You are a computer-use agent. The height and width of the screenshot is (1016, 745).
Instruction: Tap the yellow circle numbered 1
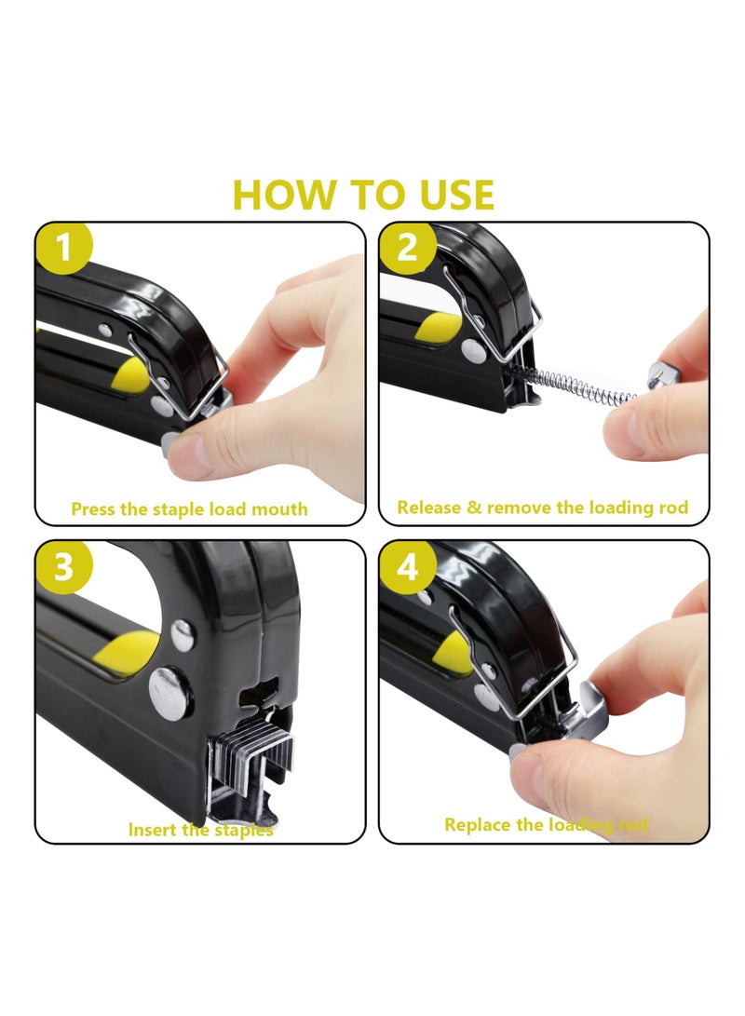(63, 249)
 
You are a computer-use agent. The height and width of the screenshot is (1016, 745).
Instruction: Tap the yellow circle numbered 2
(407, 249)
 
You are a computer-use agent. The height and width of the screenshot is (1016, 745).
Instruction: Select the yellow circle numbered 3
(63, 567)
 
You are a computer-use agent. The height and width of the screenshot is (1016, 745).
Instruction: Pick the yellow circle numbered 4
(407, 567)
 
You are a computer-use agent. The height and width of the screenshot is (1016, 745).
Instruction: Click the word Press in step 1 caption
(94, 509)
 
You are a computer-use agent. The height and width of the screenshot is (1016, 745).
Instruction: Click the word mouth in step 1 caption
(280, 509)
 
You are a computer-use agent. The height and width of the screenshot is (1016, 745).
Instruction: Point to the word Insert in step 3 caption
(151, 829)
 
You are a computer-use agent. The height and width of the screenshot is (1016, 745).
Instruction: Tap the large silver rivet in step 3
(170, 693)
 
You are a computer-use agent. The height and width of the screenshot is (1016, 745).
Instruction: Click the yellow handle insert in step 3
(129, 649)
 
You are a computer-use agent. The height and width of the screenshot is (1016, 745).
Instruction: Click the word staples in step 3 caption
(244, 829)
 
